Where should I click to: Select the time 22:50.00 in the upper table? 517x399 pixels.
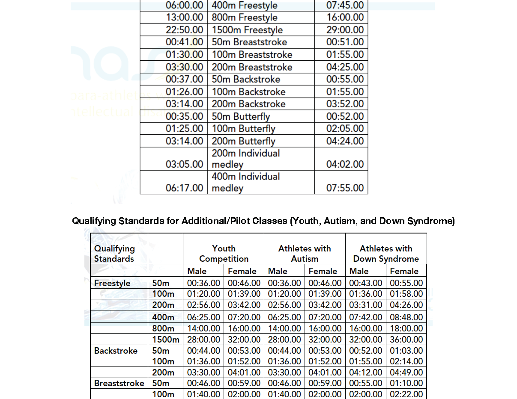[184, 30]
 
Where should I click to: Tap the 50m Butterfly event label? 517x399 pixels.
[241, 116]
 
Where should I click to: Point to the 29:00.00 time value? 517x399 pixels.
[345, 30]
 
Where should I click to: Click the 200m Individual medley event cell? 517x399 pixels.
[246, 159]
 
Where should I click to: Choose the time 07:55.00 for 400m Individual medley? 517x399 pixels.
[345, 188]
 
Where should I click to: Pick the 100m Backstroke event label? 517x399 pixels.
[248, 92]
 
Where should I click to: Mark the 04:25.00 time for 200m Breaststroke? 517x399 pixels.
[345, 67]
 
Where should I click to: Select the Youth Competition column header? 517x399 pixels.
[224, 254]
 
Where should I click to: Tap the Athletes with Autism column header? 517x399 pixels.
[305, 254]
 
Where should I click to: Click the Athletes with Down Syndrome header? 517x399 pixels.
[386, 254]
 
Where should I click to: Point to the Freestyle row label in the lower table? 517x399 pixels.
[112, 283]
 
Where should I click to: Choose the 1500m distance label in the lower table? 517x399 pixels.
[165, 340]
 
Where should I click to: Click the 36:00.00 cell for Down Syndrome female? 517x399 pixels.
[406, 340]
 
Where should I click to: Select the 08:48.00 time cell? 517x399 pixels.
[406, 317]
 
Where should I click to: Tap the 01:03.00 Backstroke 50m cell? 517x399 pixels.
[406, 351]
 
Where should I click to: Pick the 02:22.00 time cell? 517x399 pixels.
[406, 394]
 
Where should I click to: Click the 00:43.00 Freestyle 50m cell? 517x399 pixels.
[365, 283]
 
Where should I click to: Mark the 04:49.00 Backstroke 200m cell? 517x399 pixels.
[406, 372]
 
